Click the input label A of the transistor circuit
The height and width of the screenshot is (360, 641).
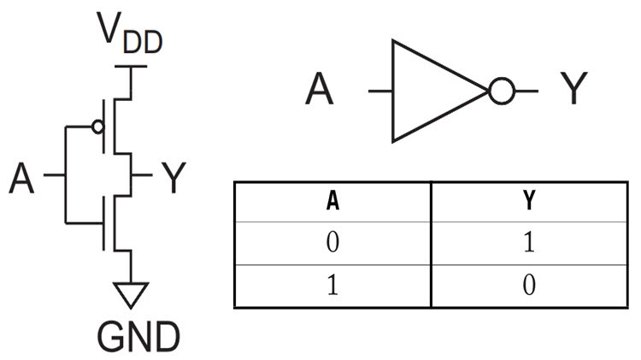click(x=23, y=180)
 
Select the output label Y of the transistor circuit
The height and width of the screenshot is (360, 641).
click(x=173, y=180)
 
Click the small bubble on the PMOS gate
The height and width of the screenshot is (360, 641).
click(x=97, y=127)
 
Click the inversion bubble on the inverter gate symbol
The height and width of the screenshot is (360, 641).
click(x=500, y=90)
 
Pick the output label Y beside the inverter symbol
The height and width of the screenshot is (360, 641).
click(x=572, y=90)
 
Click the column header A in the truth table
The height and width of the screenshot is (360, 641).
click(x=332, y=202)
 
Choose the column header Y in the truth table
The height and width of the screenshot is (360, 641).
click(x=529, y=202)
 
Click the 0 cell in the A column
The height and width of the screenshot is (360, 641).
click(x=332, y=244)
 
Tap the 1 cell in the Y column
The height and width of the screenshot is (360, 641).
click(x=529, y=244)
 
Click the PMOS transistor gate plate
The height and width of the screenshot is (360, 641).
click(x=104, y=127)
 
